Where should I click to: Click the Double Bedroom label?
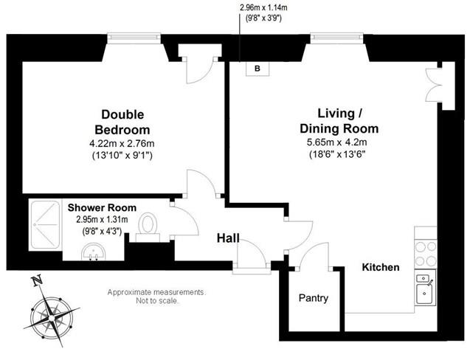[x=122, y=122]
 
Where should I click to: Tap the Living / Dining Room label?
[x=339, y=121]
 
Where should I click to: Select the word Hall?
[x=228, y=238]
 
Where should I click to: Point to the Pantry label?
[x=314, y=298]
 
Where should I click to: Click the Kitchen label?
[x=381, y=267]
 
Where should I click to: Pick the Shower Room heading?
[x=102, y=207]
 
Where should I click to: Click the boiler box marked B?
[x=258, y=69]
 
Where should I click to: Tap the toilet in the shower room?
[x=148, y=228]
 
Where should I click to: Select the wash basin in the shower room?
[x=93, y=252]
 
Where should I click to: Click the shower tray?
[x=45, y=224]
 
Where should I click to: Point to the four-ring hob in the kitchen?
[x=425, y=253]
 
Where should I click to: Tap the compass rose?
[x=51, y=316]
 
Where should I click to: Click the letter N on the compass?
[x=37, y=281]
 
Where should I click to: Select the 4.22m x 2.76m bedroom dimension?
[x=122, y=144]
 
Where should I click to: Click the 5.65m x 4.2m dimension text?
[x=337, y=142]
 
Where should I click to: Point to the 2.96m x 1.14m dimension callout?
[x=263, y=13]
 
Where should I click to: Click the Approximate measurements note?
[x=156, y=296]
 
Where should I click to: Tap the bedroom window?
[x=134, y=37]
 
